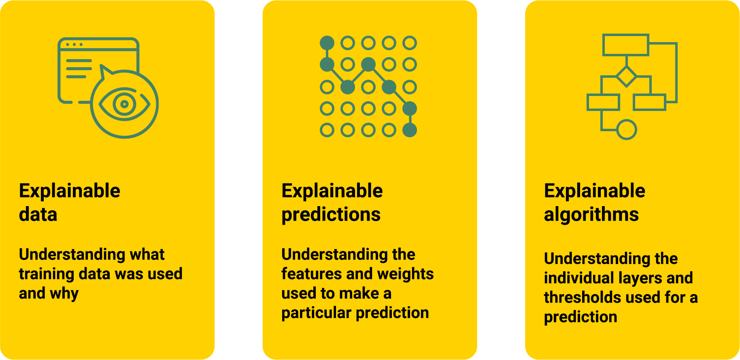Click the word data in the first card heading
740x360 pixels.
38,214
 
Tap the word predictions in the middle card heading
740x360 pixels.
331,214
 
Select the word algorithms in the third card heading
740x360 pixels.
591,214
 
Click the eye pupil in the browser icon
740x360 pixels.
124,104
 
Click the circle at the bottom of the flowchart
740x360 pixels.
626,130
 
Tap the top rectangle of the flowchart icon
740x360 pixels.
625,45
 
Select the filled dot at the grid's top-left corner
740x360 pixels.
327,43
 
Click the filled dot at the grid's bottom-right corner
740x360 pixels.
410,130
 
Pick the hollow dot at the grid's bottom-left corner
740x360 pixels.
327,130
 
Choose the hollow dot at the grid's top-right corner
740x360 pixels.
410,43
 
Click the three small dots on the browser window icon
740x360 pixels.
74,44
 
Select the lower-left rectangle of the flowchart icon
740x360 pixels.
603,102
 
